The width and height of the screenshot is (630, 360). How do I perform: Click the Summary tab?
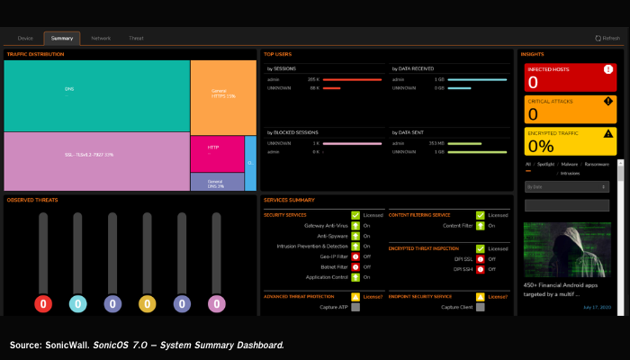click(62, 38)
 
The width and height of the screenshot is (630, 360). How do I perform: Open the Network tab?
click(101, 38)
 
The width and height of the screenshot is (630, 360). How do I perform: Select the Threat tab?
click(136, 38)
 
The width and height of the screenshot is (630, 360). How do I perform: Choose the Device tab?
click(25, 38)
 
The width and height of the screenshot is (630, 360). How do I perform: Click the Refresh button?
click(607, 38)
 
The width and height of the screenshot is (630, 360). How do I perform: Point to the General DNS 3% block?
click(217, 182)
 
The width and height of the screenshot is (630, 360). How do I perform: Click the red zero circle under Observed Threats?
click(41, 304)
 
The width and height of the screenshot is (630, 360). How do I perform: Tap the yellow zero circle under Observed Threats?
click(147, 304)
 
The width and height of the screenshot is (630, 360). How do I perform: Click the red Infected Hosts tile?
click(570, 77)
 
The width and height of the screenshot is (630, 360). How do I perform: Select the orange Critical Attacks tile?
click(570, 110)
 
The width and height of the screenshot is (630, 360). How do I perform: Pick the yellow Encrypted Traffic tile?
click(570, 141)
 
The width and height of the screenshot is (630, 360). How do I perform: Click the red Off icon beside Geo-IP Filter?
click(355, 256)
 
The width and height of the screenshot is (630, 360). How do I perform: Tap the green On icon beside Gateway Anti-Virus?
click(355, 225)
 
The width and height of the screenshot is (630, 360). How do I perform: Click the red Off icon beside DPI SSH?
click(481, 269)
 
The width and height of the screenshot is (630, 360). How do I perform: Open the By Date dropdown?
click(567, 186)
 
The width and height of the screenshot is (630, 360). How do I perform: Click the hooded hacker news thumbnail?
click(568, 252)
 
